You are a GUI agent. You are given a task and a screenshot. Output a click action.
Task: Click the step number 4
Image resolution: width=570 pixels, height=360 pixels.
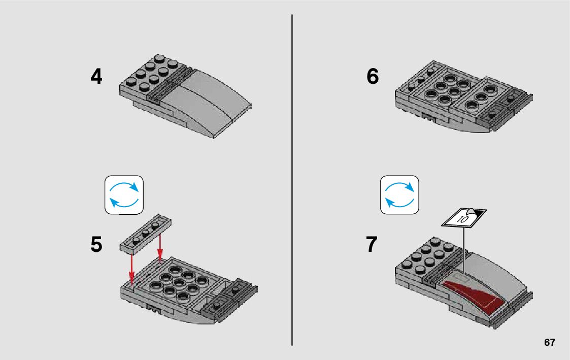[x=96, y=77]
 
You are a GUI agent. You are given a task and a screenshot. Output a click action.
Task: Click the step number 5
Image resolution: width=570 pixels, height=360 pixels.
[x=96, y=245]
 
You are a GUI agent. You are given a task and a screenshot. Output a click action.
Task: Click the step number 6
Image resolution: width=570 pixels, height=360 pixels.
[x=373, y=77]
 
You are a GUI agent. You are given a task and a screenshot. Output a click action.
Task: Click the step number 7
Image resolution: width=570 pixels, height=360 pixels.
[x=372, y=245]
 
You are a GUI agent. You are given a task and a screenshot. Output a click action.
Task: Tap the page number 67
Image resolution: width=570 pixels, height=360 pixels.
[x=549, y=343]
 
